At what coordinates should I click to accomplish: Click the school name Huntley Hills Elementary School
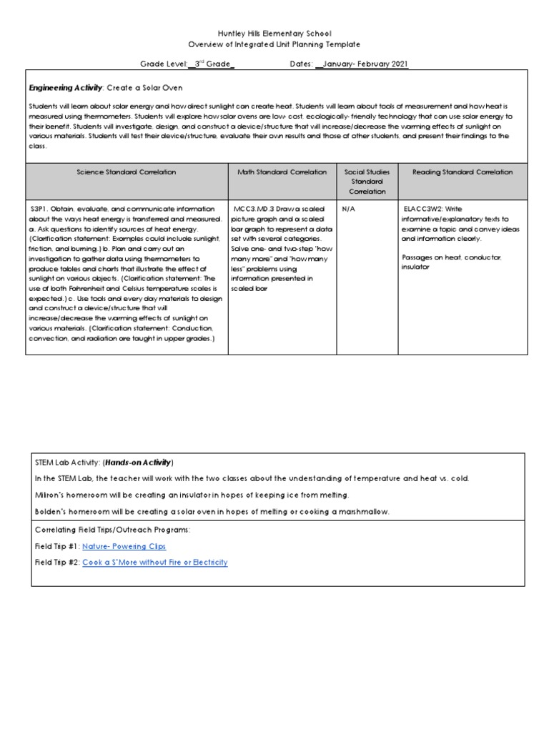tap(274, 34)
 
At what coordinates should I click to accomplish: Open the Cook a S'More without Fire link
tap(155, 563)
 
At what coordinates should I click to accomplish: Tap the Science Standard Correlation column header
tap(127, 172)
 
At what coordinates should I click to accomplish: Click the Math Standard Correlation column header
tap(282, 172)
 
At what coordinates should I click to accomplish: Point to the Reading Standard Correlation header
tap(463, 172)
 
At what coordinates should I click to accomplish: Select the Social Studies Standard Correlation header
tap(367, 182)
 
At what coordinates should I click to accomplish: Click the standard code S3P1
tap(40, 209)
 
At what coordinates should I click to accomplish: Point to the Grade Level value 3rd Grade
tap(212, 64)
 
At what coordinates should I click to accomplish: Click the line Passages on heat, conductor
tap(452, 257)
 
